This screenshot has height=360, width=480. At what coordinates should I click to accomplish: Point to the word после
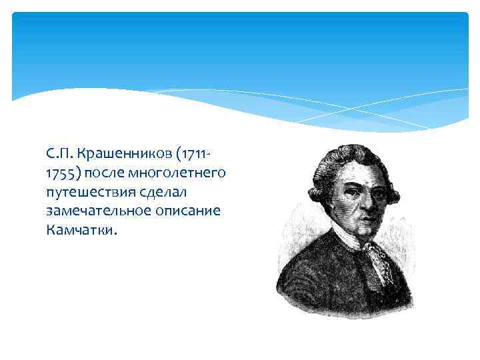[x=111, y=173]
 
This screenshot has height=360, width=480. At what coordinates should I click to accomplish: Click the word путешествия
[x=90, y=193]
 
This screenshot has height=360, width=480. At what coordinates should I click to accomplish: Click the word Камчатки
[x=81, y=231]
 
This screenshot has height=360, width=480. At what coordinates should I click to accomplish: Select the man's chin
[x=353, y=237]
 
